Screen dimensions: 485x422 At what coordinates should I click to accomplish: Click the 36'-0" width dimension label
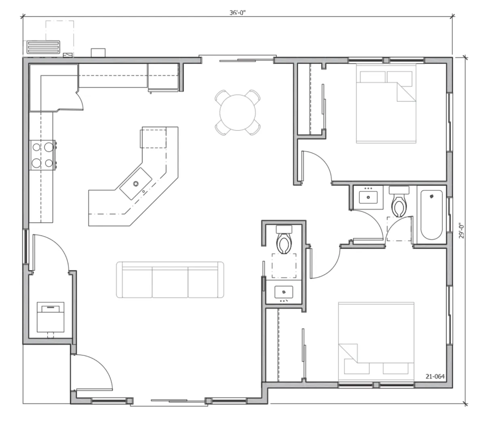coord(237,13)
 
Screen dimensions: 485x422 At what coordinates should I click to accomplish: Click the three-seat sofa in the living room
coord(170,280)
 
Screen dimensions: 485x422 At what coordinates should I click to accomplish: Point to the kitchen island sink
coord(135,184)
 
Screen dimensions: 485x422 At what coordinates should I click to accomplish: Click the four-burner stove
coord(43,155)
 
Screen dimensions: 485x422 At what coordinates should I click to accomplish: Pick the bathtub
coord(431,215)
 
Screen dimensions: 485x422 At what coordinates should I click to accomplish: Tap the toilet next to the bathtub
coord(399,201)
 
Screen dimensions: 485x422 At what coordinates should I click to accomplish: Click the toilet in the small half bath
coord(284,240)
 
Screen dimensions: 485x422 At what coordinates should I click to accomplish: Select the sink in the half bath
coord(283,292)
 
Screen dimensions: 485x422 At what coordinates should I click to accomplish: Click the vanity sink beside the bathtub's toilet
coord(368,197)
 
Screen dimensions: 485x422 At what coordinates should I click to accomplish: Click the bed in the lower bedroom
coord(376,341)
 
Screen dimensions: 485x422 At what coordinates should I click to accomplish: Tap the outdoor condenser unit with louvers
coord(43,48)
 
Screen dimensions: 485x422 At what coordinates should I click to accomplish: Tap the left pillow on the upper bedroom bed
coord(373,76)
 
